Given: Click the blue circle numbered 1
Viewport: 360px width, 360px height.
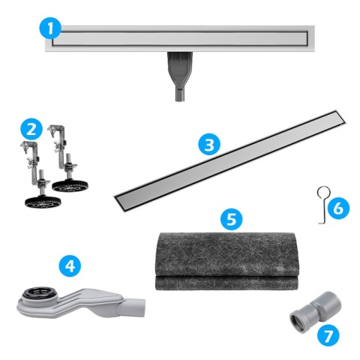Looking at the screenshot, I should click(50, 29).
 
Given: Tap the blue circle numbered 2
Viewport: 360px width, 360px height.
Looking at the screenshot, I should click(30, 128).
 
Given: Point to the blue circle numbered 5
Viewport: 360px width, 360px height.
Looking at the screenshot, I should click(232, 218).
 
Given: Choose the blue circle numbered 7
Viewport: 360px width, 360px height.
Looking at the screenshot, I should click(327, 335).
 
